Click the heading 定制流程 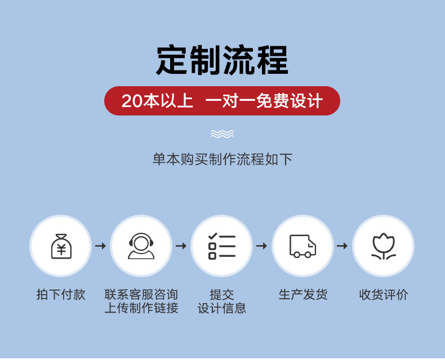222,60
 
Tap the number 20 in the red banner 132,101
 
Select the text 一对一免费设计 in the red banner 264,101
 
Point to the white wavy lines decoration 222,134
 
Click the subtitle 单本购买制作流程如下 222,159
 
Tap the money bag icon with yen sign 61,246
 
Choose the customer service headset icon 141,246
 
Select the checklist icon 222,246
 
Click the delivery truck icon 303,246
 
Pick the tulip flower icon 384,246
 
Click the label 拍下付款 61,295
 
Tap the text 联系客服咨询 141,295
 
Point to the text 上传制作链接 141,308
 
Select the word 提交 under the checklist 222,295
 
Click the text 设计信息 222,308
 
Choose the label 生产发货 303,295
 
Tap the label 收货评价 384,295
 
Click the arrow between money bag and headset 100,246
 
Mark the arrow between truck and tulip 342,246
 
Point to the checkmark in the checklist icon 212,236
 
